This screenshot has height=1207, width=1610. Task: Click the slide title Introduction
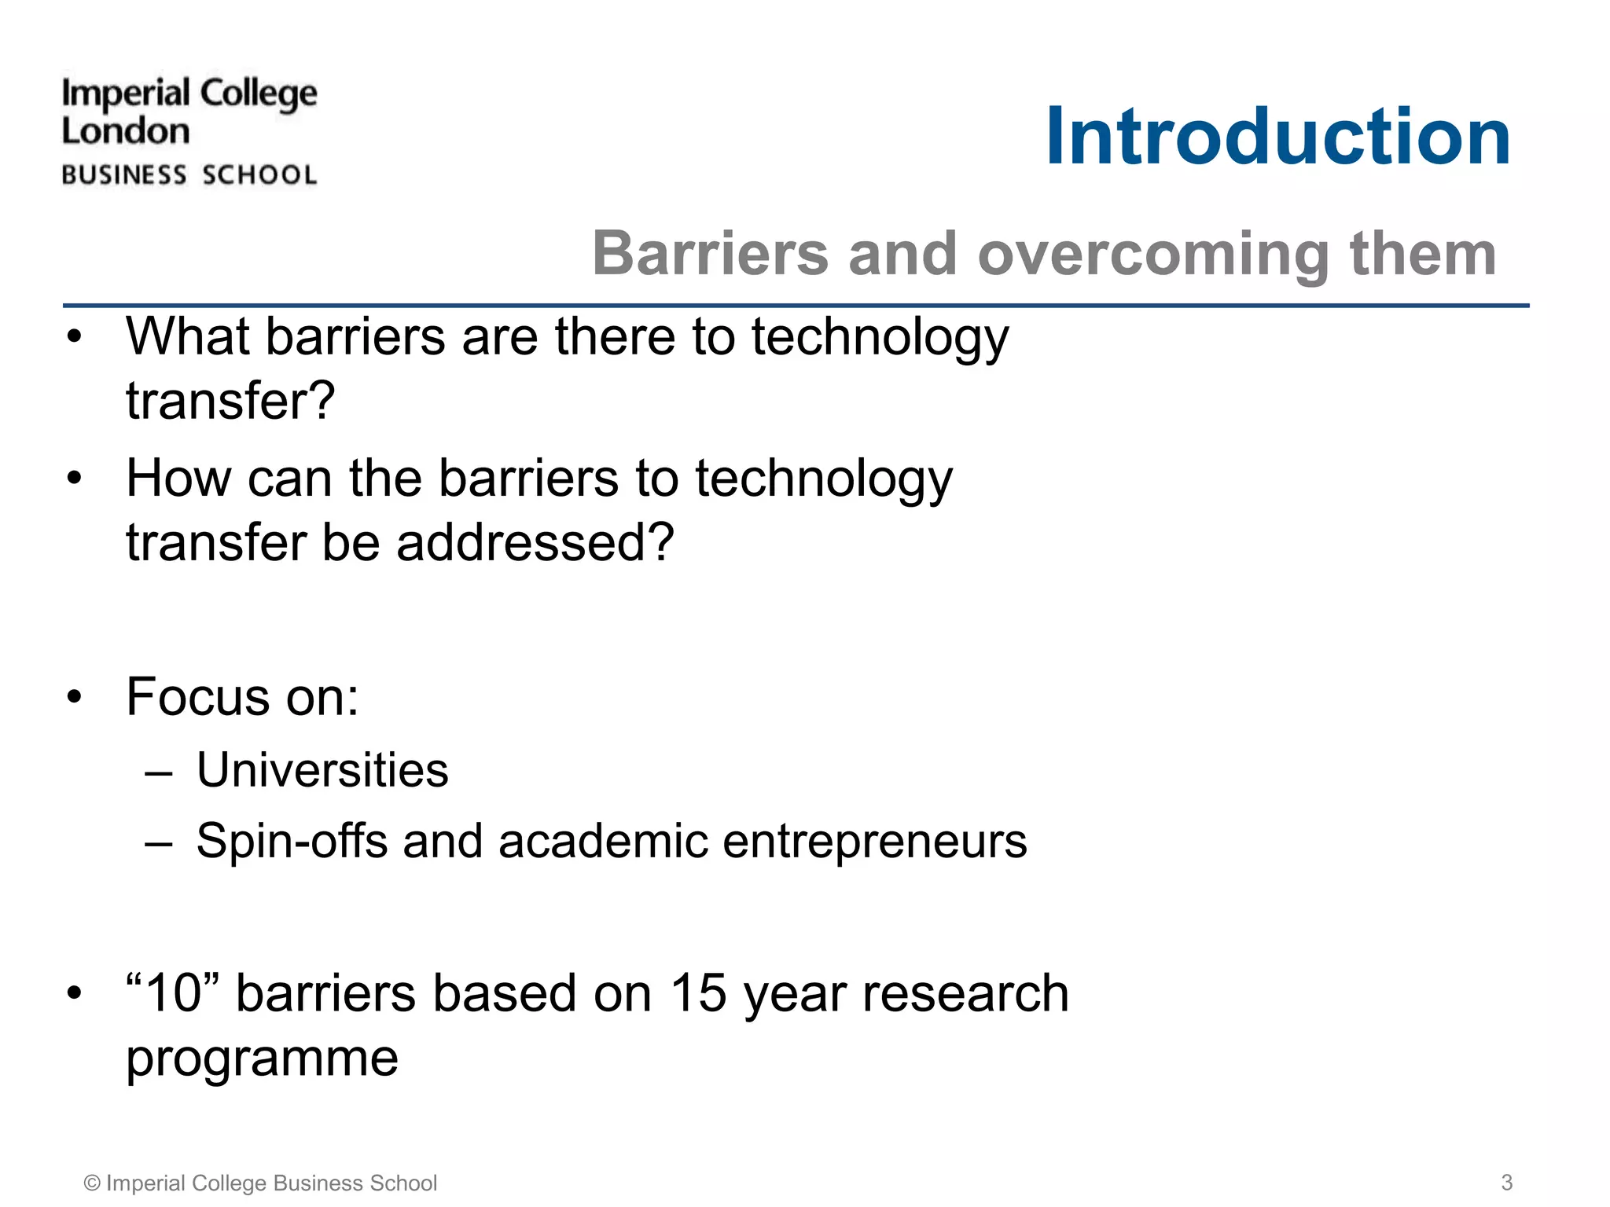pos(1277,137)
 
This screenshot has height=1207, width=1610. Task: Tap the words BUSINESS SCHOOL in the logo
pos(189,174)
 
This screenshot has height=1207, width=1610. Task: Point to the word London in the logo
pos(126,131)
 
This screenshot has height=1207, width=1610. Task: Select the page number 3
pos(1506,1182)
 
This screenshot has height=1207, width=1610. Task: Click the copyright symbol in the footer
pos(92,1183)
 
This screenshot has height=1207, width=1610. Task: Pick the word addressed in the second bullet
pos(535,543)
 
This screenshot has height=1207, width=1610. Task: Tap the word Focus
pos(198,697)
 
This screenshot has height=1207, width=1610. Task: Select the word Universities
pos(322,770)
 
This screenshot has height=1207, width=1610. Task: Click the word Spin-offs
pos(292,841)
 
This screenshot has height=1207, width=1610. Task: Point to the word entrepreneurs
pos(874,841)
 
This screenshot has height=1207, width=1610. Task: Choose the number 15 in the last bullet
pos(697,993)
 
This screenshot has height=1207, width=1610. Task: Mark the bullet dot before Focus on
pos(74,697)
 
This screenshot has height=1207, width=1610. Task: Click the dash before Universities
pos(158,772)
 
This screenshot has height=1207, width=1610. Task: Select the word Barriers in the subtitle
pos(711,254)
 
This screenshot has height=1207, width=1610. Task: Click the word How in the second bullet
pos(178,478)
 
